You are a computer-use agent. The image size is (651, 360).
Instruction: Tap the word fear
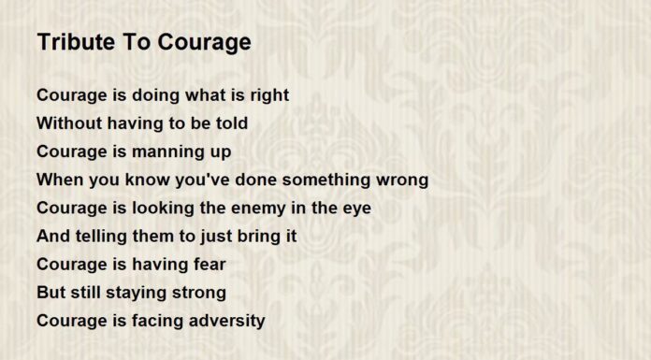pos(207,265)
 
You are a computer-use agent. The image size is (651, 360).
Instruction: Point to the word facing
pos(155,321)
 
